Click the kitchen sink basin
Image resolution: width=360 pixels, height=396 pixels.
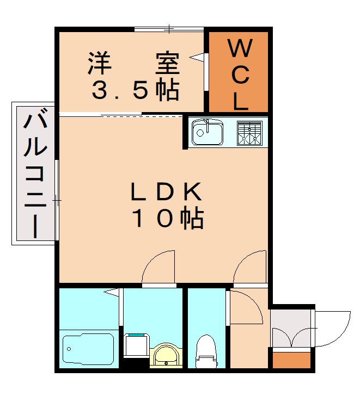pos(208,132)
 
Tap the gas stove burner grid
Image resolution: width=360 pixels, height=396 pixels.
pos(249,133)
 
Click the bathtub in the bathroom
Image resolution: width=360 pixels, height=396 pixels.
pos(88,349)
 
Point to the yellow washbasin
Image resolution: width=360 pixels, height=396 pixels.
pos(166,355)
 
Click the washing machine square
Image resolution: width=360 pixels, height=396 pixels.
pos(137,345)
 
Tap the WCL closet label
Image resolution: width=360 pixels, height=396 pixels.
pos(240,75)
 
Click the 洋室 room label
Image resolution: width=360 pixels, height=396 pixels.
pos(134,63)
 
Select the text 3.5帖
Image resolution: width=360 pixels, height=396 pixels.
pos(136,90)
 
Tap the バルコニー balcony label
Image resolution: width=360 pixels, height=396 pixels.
pos(35,173)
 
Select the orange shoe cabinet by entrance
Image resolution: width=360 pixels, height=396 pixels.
pos(292,361)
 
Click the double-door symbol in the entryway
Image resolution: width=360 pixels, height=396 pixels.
pos(292,337)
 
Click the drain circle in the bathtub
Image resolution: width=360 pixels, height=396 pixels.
pos(69,349)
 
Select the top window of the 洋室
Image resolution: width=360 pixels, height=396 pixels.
pos(169,29)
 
